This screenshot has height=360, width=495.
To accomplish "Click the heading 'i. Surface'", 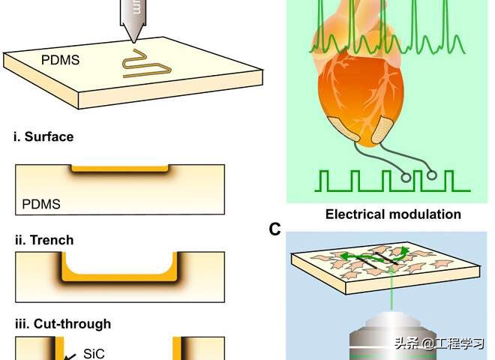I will point(43,137).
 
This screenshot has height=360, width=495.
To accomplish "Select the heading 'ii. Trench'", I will point(44,240).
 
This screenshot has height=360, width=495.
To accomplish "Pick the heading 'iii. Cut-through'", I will point(62,324).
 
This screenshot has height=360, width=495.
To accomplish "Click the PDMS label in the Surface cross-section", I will point(42,203).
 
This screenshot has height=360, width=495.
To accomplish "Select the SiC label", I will point(94,352).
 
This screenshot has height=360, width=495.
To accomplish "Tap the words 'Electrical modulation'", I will point(393,214).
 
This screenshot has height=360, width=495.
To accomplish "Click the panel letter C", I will point(274,229).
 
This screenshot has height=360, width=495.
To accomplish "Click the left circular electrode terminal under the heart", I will point(406,178).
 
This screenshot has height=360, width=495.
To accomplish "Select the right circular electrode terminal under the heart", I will point(432,175).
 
